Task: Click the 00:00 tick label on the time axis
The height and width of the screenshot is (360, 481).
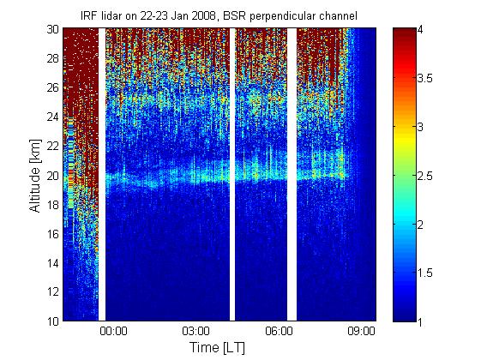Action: tap(113, 331)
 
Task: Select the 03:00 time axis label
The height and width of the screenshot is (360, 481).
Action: tap(195, 331)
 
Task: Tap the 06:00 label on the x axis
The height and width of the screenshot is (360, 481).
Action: tap(279, 331)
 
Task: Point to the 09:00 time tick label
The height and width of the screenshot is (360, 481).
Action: tap(361, 331)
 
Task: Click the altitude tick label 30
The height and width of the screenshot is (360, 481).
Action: tap(53, 29)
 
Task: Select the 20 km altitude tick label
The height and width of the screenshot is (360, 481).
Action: tap(53, 176)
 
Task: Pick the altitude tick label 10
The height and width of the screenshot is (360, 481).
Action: tap(53, 321)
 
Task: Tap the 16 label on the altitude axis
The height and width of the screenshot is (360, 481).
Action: tap(53, 234)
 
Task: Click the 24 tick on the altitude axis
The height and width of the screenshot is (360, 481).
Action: tap(53, 117)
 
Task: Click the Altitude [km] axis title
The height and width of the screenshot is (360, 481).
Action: tap(35, 176)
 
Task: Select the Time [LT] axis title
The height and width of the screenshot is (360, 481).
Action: tap(218, 347)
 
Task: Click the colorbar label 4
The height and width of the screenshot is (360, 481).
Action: tap(420, 30)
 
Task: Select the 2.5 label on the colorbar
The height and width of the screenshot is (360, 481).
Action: tap(424, 176)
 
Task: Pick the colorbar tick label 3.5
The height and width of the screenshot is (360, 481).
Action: tap(424, 78)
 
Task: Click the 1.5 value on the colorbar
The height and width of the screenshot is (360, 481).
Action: tap(424, 273)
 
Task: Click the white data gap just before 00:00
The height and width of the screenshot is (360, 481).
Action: tap(102, 175)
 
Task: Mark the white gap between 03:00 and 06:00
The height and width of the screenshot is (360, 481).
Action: tap(232, 175)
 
